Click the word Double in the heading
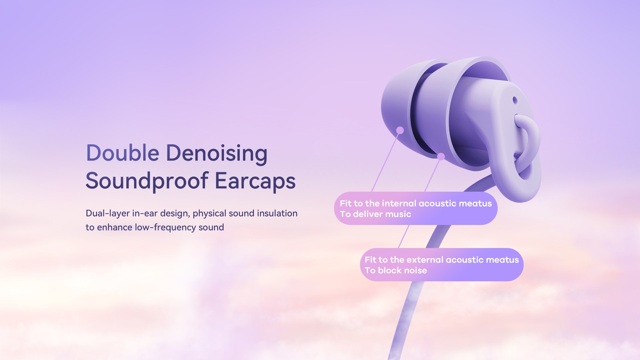[x=123, y=153]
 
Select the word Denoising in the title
[x=217, y=154]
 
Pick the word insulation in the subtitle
[x=277, y=213]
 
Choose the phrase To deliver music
[x=375, y=214]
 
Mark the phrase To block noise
[x=396, y=270]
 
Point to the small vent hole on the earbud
[x=515, y=100]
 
